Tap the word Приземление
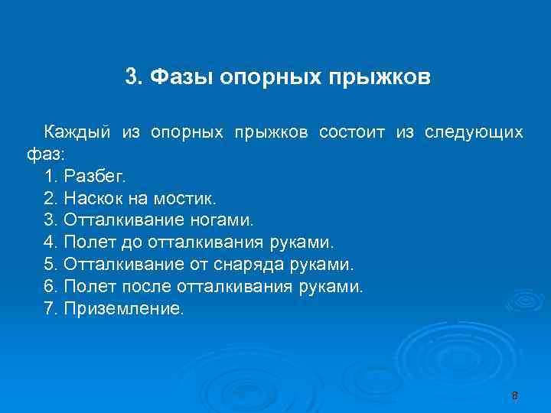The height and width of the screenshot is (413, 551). click(x=124, y=310)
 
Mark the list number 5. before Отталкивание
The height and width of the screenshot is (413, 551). click(x=51, y=265)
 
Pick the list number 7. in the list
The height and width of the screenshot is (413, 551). click(x=51, y=310)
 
